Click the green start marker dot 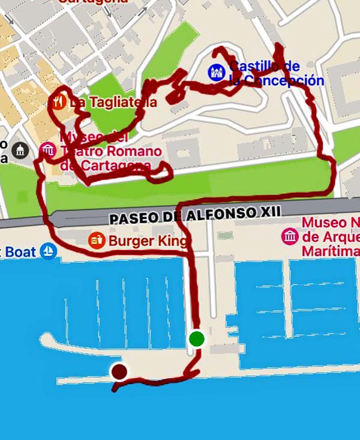click(x=197, y=339)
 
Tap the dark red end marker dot click(x=119, y=372)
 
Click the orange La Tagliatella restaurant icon click(x=58, y=102)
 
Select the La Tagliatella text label click(x=113, y=103)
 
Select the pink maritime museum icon click(x=290, y=236)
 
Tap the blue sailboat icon click(x=49, y=251)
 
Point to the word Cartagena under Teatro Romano click(x=113, y=166)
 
